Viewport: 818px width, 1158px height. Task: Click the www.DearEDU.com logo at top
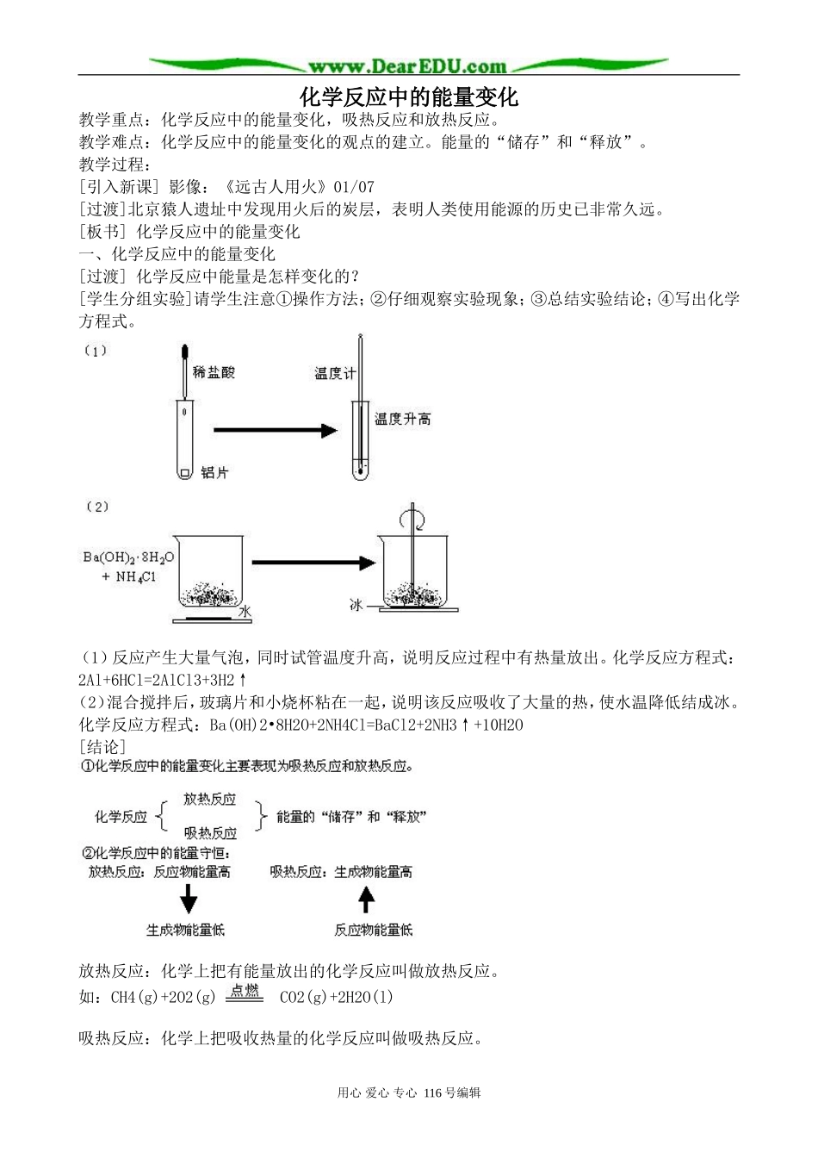coord(408,65)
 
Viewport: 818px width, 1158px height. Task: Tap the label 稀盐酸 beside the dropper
coord(214,372)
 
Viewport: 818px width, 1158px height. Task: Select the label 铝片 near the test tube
coord(214,472)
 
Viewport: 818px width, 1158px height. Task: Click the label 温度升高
coord(402,420)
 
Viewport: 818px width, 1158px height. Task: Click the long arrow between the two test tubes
coord(274,430)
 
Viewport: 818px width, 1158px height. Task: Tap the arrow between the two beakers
coord(313,563)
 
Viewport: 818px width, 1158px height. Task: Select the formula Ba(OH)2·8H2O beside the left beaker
coord(128,557)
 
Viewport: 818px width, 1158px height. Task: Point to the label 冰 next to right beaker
coord(356,605)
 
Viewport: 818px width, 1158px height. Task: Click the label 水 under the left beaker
coord(245,611)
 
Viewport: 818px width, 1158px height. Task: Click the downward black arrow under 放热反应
coord(188,901)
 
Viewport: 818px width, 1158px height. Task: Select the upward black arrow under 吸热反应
coord(367,900)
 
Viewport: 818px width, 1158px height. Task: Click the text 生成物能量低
coord(185,930)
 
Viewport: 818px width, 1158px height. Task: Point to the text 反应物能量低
coord(373,930)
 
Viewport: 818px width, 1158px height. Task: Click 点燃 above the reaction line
coord(245,991)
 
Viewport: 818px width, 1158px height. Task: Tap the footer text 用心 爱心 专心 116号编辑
coord(409,1093)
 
